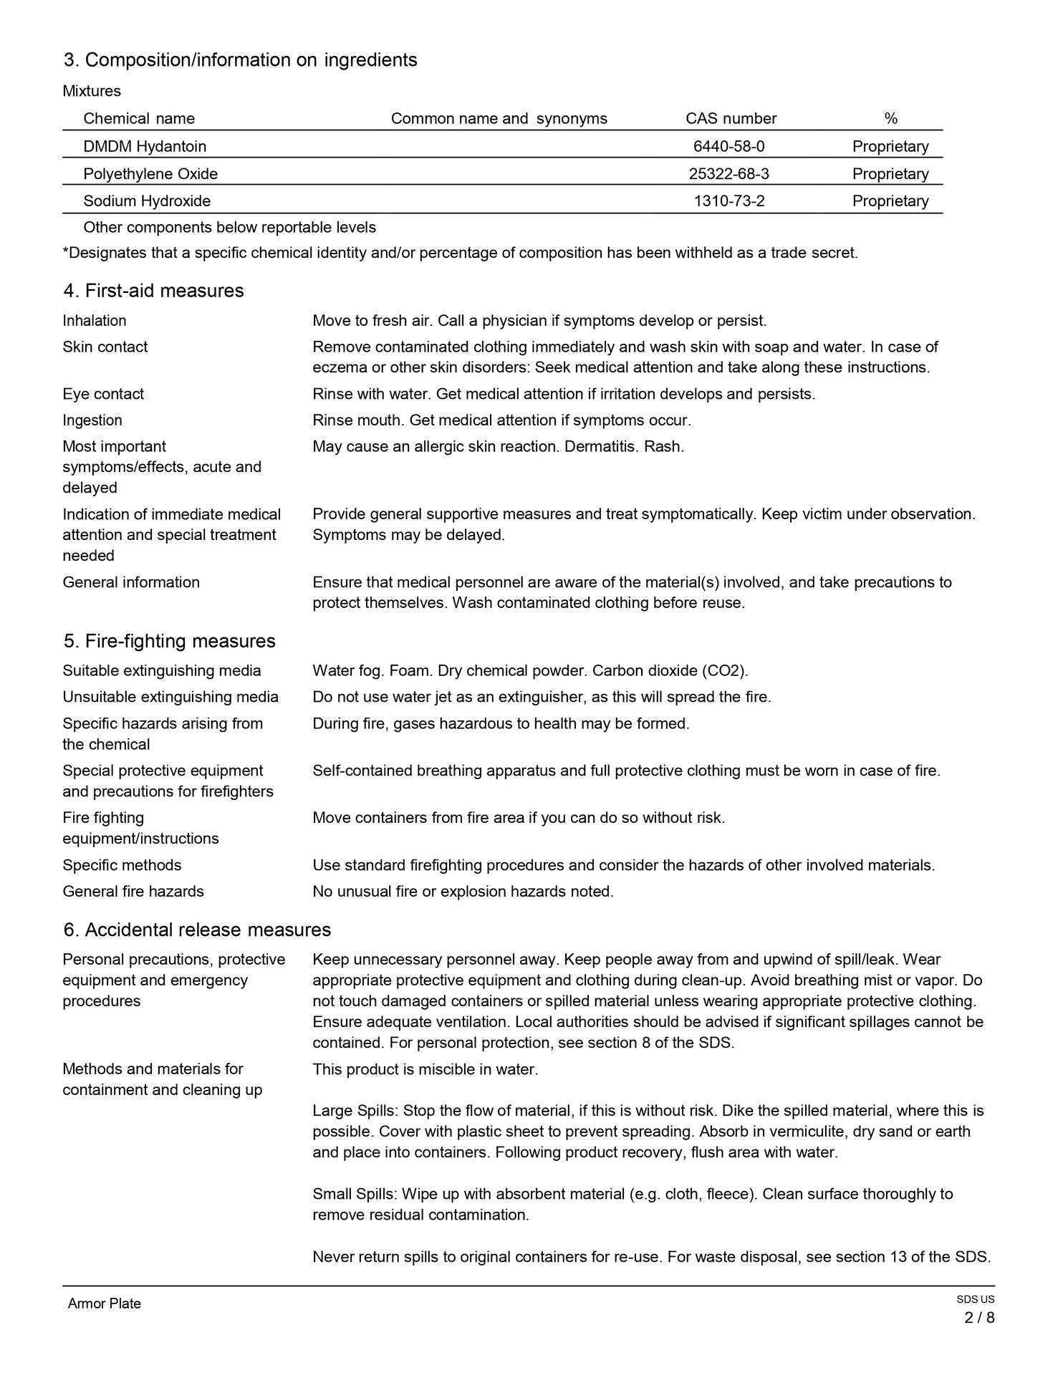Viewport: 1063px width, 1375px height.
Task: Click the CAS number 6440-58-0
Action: [x=728, y=146]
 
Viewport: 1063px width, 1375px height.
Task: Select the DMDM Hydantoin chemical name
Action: [x=145, y=146]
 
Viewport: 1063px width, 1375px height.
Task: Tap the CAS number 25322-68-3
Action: [x=728, y=173]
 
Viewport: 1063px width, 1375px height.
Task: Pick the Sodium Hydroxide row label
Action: [x=147, y=201]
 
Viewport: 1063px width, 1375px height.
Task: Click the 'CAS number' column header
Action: [x=731, y=118]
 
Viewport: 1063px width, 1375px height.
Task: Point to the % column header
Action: [x=890, y=118]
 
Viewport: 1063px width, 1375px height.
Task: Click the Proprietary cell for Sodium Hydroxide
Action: [x=890, y=201]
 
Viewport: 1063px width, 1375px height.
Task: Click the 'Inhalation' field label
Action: [x=95, y=320]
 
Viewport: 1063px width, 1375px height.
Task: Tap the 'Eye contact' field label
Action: [x=103, y=394]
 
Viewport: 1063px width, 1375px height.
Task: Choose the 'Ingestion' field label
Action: [x=92, y=420]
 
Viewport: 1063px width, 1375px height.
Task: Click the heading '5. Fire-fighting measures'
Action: [x=169, y=640]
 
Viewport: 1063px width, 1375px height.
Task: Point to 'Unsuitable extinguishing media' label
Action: [x=170, y=697]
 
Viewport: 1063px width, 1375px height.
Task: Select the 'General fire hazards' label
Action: [x=133, y=891]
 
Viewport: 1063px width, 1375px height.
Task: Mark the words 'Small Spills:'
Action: [x=355, y=1194]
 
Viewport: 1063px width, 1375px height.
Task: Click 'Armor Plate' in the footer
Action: [x=105, y=1303]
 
